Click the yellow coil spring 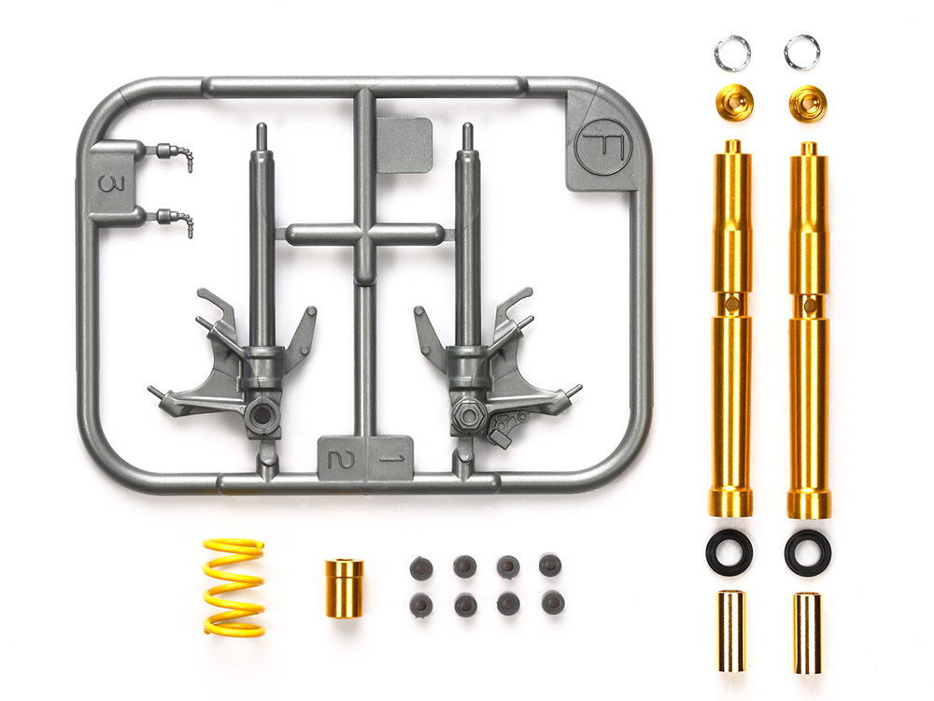tap(233, 587)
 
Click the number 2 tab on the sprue tap(341, 458)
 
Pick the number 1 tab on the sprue tap(389, 458)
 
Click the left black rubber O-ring tap(729, 549)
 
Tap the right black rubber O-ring tap(808, 549)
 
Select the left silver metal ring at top tap(732, 51)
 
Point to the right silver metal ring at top tap(801, 51)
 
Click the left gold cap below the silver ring tap(734, 102)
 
